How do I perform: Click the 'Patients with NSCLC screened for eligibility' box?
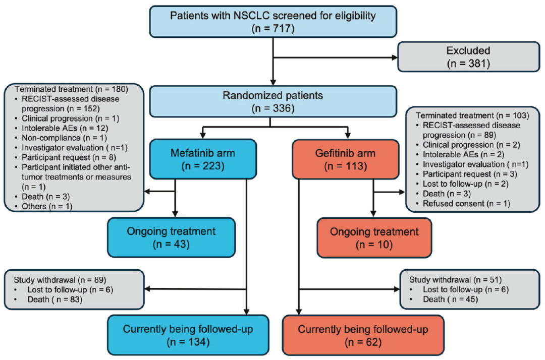coord(273,22)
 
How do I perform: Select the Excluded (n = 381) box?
coord(468,57)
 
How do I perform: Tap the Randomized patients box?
coord(273,101)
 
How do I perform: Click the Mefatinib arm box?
coord(203,159)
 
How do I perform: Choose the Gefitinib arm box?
coord(346,159)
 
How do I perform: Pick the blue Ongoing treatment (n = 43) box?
coord(172,237)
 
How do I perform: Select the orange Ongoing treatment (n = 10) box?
coord(374,238)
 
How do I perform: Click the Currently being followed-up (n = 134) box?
coord(188,335)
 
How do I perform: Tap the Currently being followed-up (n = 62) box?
coord(363,335)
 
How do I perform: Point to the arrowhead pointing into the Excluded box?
coord(395,57)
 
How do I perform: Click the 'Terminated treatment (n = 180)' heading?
coord(71,89)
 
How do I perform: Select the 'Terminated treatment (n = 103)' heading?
coord(472,115)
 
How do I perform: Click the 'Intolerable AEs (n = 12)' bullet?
coord(65,128)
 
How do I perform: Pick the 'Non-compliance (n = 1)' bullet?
coord(64,138)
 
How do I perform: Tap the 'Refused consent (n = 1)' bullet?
coord(466,203)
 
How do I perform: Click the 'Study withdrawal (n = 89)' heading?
coord(60,280)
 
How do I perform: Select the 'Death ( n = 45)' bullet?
coord(451,299)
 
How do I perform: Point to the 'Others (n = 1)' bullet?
coord(47,206)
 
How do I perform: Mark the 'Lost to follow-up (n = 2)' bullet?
coord(465,184)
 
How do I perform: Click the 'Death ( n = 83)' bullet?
coord(55,299)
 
